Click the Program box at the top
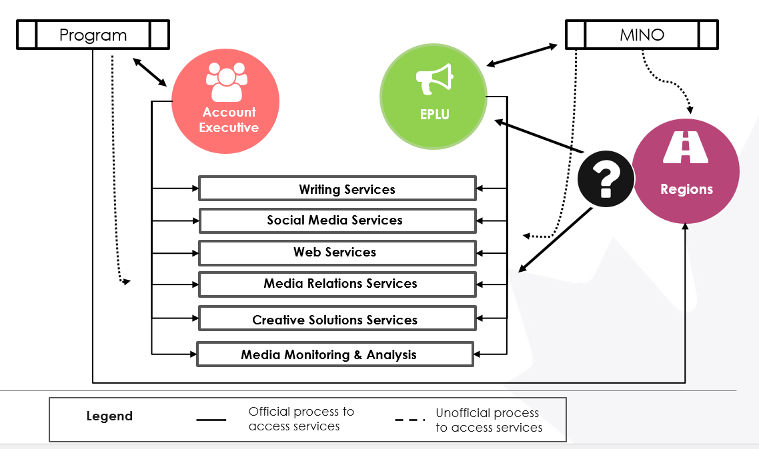93,35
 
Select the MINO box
642,35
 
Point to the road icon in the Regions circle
685,148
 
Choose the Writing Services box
337,189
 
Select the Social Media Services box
337,221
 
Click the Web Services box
337,252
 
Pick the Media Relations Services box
337,284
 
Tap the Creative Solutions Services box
337,319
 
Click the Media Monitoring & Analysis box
335,354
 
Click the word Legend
109,416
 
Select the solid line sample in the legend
211,420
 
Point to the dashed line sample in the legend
410,420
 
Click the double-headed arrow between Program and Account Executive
149,72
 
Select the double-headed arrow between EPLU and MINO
522,55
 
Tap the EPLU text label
434,115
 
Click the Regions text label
686,189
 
